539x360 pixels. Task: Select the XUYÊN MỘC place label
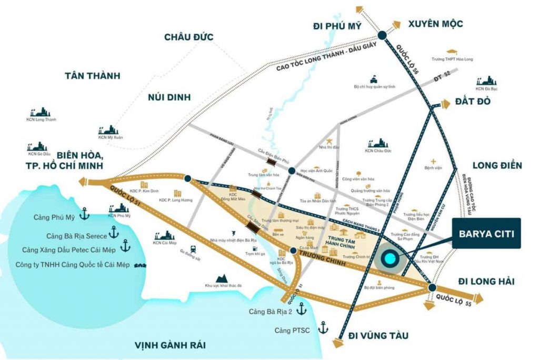(435, 24)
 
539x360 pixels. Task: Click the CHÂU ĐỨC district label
(188, 37)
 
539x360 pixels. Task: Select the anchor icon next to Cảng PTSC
(322, 328)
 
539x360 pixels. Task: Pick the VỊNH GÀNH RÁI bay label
(169, 345)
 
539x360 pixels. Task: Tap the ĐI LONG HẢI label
(484, 281)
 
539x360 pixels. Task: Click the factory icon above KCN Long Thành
(41, 112)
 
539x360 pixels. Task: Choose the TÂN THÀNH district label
(92, 75)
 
